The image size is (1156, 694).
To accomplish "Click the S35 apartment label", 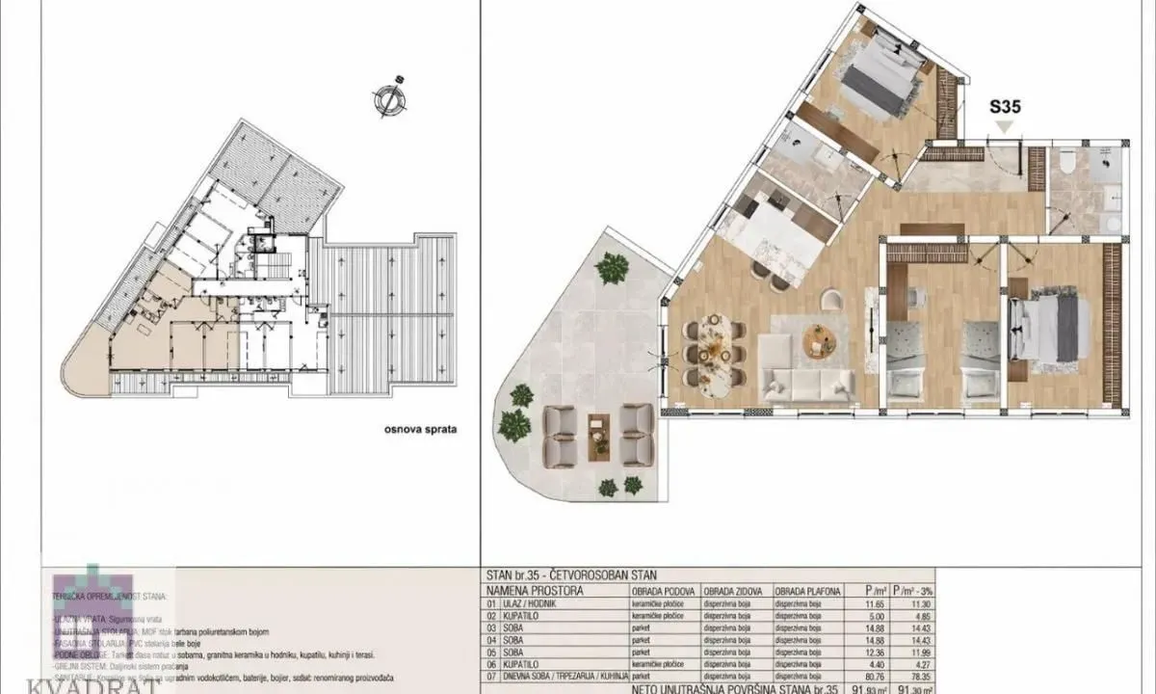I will pyautogui.click(x=1005, y=109).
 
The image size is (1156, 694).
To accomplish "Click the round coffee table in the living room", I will pyautogui.click(x=820, y=340).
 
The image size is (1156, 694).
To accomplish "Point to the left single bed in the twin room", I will pyautogui.click(x=906, y=361).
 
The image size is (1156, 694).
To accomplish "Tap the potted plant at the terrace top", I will pyautogui.click(x=612, y=268).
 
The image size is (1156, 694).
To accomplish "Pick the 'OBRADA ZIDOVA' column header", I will pyautogui.click(x=733, y=590).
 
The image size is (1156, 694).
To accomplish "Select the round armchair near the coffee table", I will pyautogui.click(x=830, y=302).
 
